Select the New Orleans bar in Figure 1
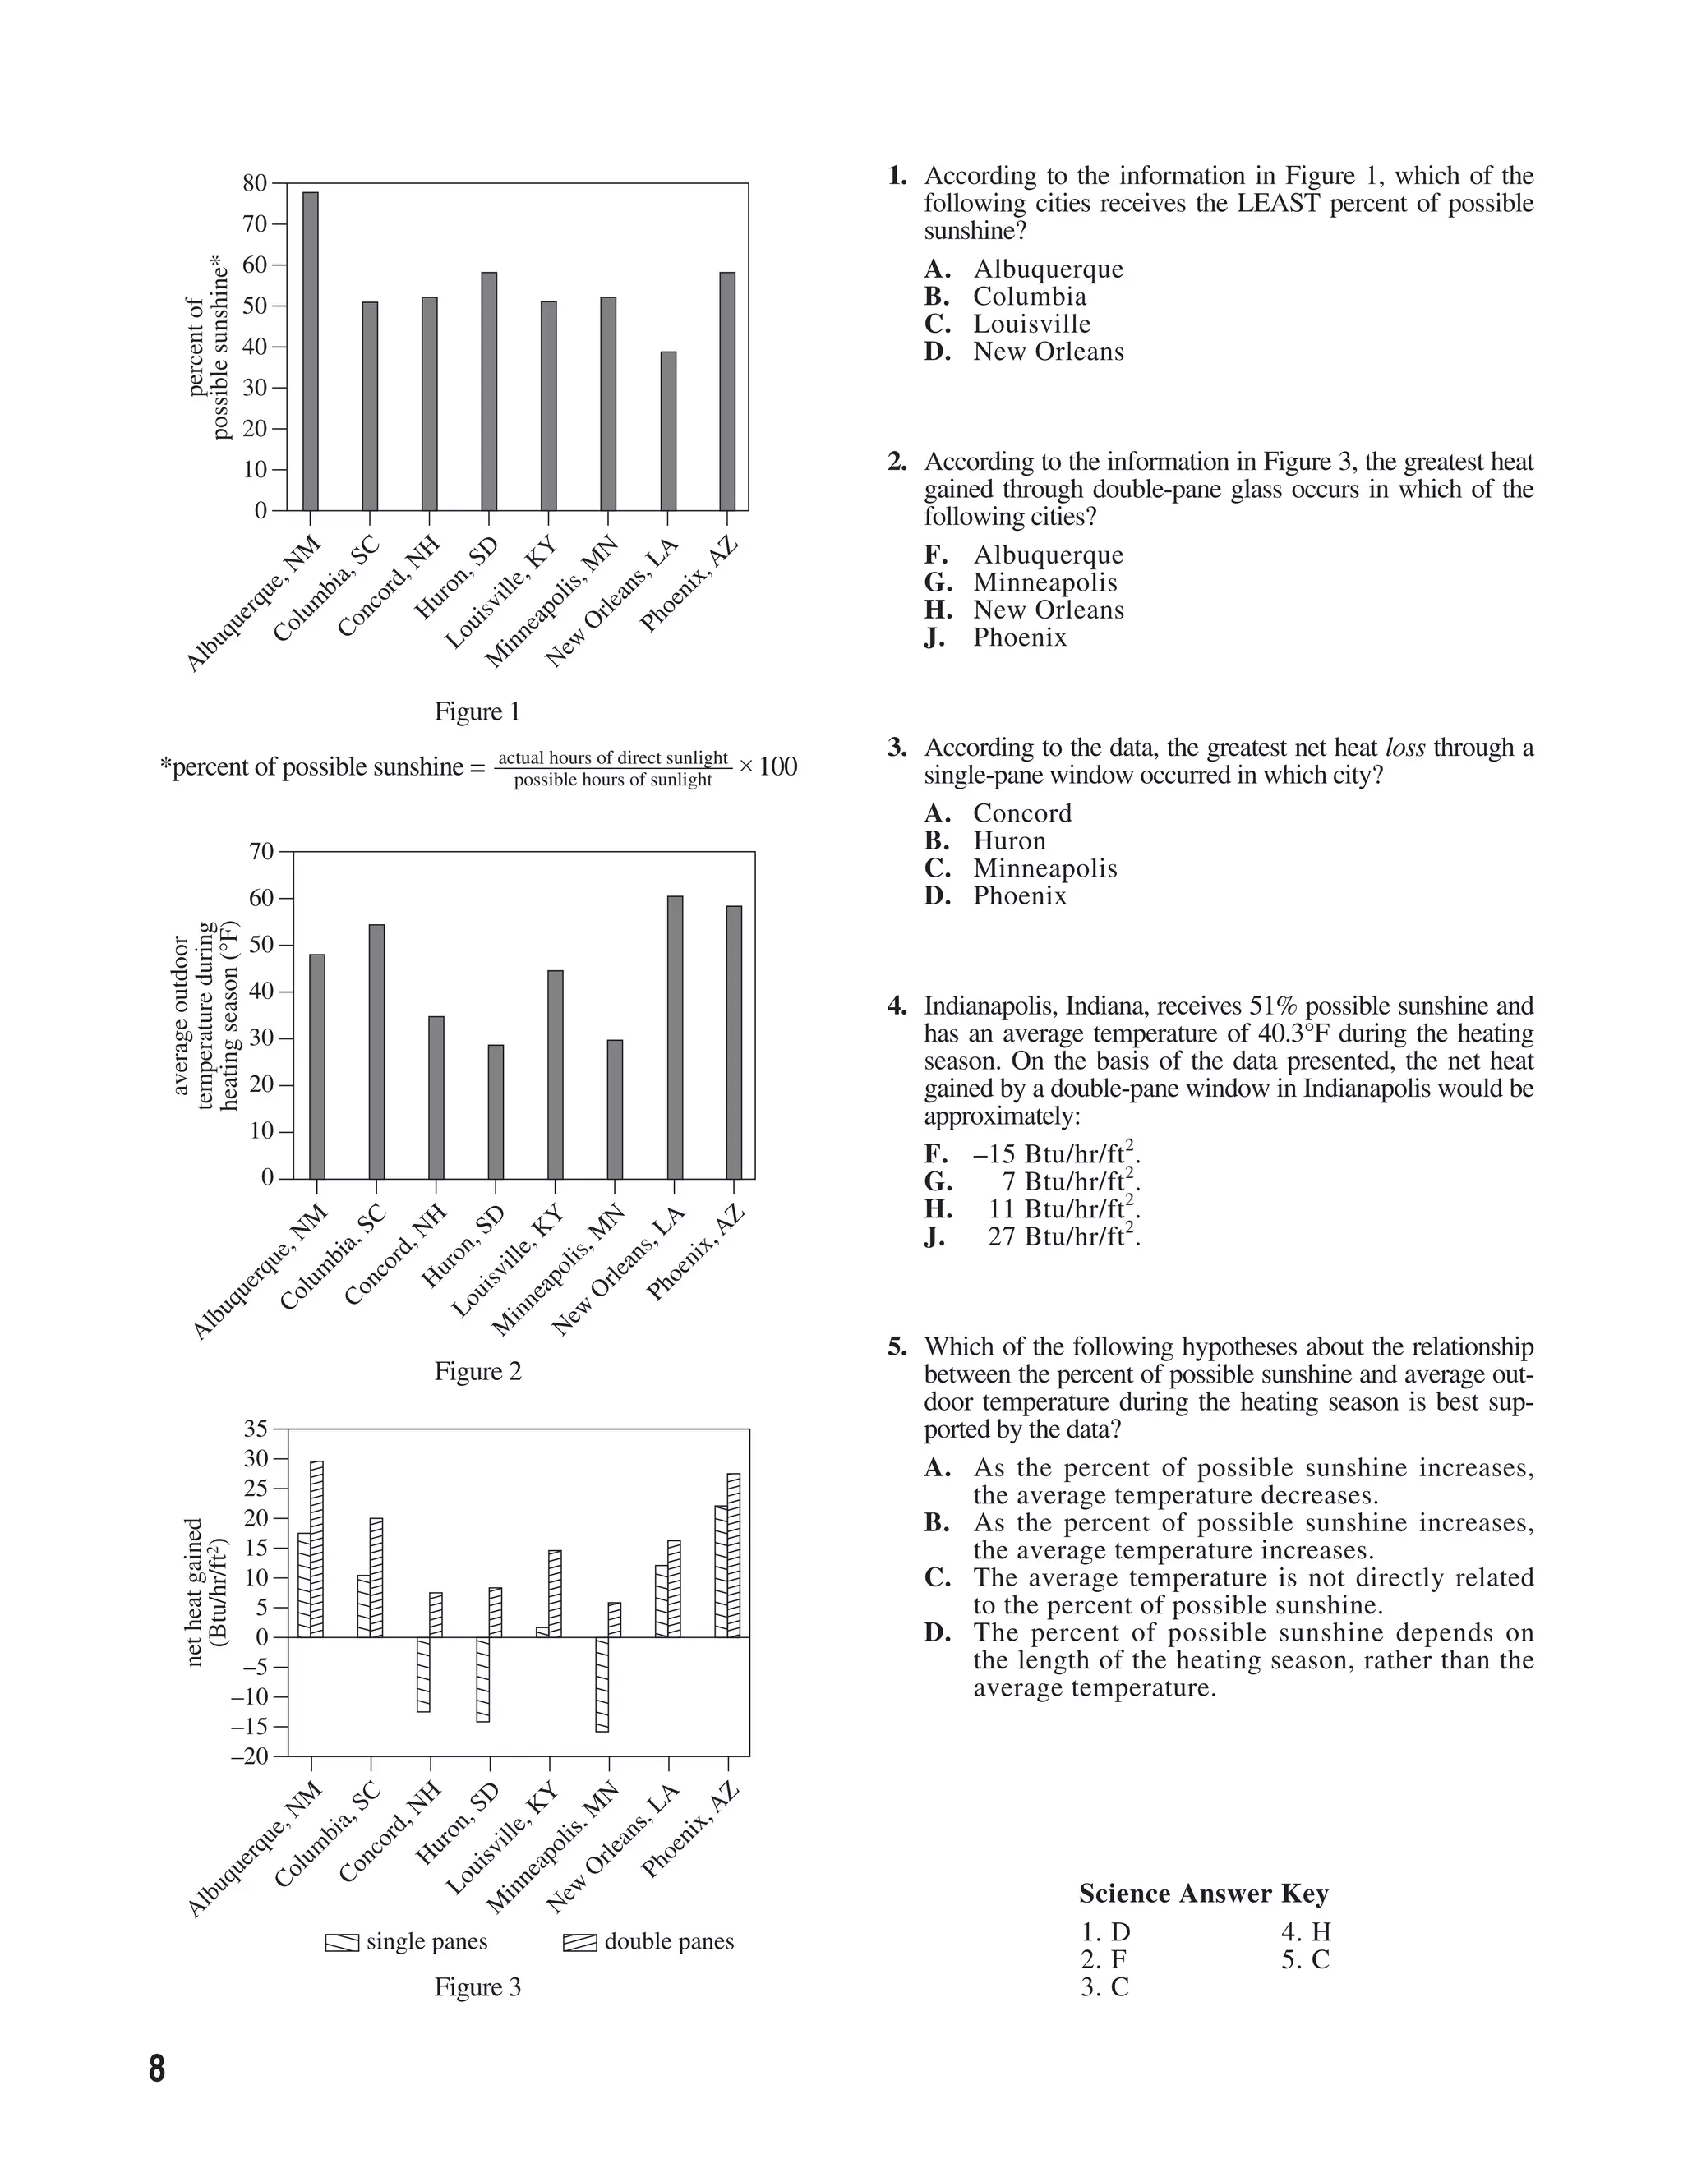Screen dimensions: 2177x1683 click(x=668, y=430)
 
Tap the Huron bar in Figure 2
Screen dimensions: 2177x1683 click(x=496, y=1112)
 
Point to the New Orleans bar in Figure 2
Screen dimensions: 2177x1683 click(x=675, y=1037)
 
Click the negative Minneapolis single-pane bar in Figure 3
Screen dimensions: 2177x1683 click(x=602, y=1685)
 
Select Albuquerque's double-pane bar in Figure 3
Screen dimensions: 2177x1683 click(x=317, y=1548)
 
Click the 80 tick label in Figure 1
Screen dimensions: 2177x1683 click(x=256, y=183)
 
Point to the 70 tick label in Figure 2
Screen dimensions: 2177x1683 click(x=261, y=851)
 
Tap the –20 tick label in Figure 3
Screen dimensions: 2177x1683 click(x=251, y=1756)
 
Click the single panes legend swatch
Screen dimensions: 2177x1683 click(x=342, y=1943)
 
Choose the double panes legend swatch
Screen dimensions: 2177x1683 click(x=580, y=1943)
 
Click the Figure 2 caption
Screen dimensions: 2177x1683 click(x=477, y=1372)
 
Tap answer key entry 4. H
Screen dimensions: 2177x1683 click(x=1306, y=1933)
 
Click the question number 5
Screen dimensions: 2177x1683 click(x=897, y=1347)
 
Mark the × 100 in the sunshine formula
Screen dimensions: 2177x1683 click(x=768, y=766)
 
